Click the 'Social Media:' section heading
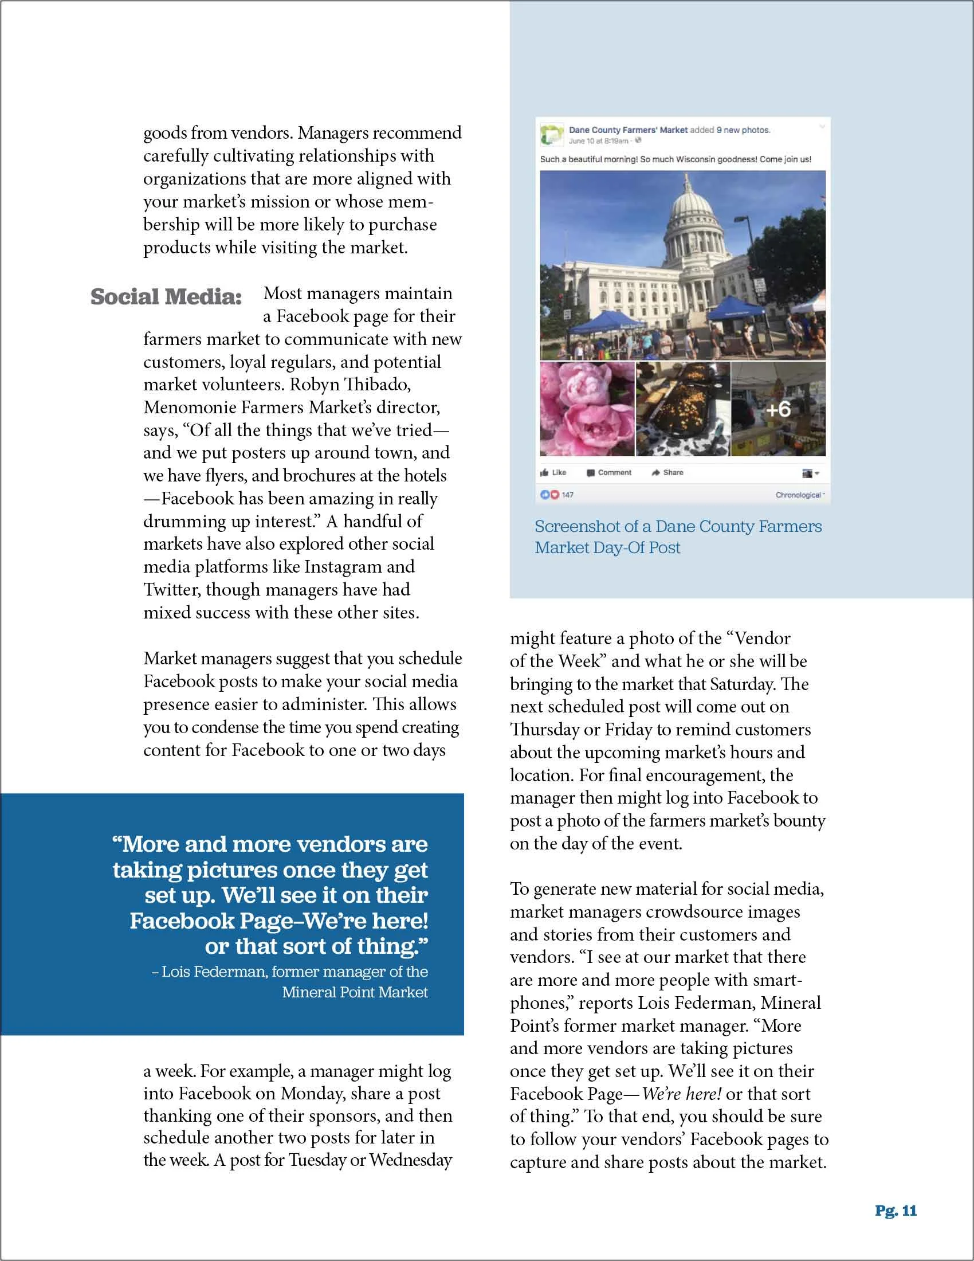pyautogui.click(x=166, y=297)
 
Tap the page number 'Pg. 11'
pyautogui.click(x=896, y=1211)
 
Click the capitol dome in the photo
pyautogui.click(x=690, y=217)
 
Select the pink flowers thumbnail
pyautogui.click(x=587, y=409)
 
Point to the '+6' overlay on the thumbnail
pyautogui.click(x=779, y=409)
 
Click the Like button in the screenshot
pyautogui.click(x=553, y=472)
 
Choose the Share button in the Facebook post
pyautogui.click(x=667, y=472)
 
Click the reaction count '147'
pyautogui.click(x=568, y=495)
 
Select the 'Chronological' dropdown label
pyautogui.click(x=799, y=495)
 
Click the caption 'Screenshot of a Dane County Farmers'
pyautogui.click(x=678, y=527)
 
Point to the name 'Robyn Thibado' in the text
pyautogui.click(x=350, y=385)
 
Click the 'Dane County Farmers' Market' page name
pyautogui.click(x=628, y=131)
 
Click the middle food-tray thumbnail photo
pyautogui.click(x=682, y=409)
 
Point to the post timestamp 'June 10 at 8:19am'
pyautogui.click(x=598, y=141)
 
